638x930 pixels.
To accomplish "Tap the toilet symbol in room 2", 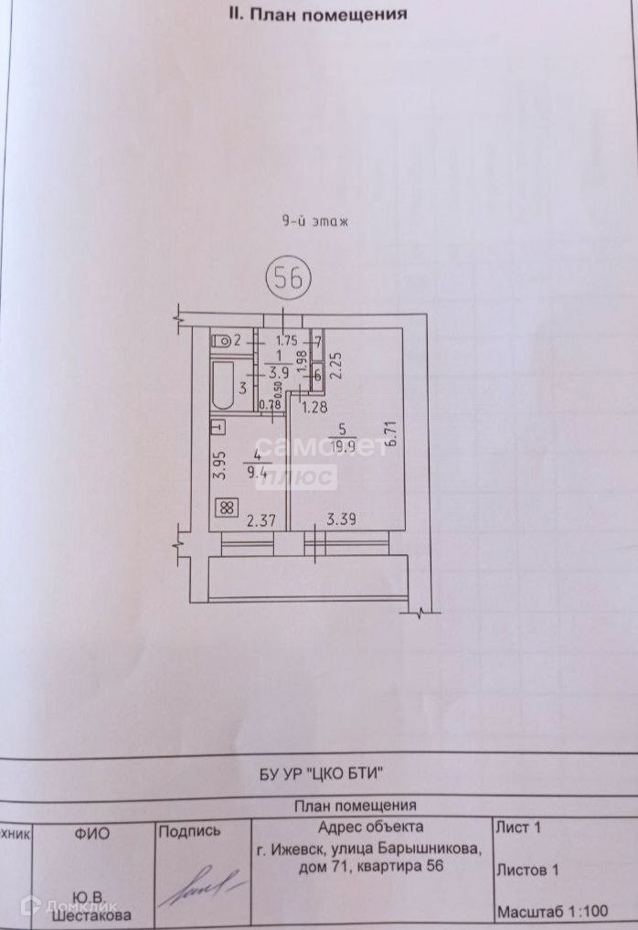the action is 222,341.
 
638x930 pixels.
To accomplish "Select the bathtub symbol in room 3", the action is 222,388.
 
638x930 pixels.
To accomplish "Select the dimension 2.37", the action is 261,522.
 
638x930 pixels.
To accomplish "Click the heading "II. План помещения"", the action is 317,14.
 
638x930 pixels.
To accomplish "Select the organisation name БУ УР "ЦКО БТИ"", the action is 319,774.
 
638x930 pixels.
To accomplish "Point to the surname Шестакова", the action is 91,914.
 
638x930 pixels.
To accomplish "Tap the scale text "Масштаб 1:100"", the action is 551,912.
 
